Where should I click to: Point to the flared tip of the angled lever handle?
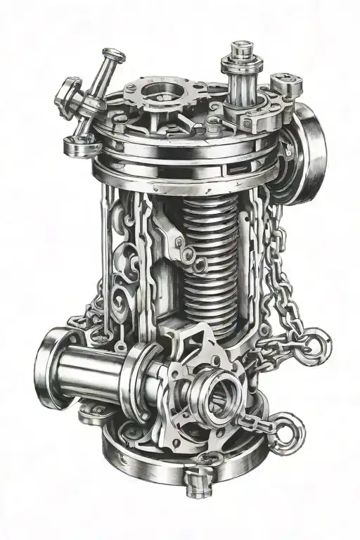tap(110, 54)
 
